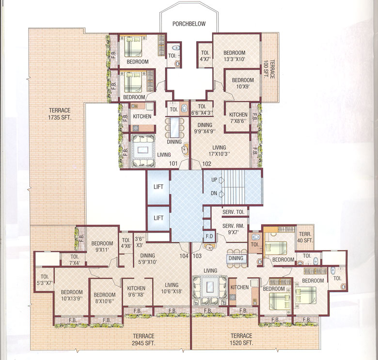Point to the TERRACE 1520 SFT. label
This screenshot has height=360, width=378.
[241, 339]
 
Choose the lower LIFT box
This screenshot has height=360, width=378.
[158, 218]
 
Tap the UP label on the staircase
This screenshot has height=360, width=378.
[214, 180]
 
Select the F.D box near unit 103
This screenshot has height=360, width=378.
[209, 236]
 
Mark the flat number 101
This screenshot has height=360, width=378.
[173, 164]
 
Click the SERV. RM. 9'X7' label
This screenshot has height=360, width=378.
[232, 229]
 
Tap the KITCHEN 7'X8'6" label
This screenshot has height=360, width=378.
[238, 118]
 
